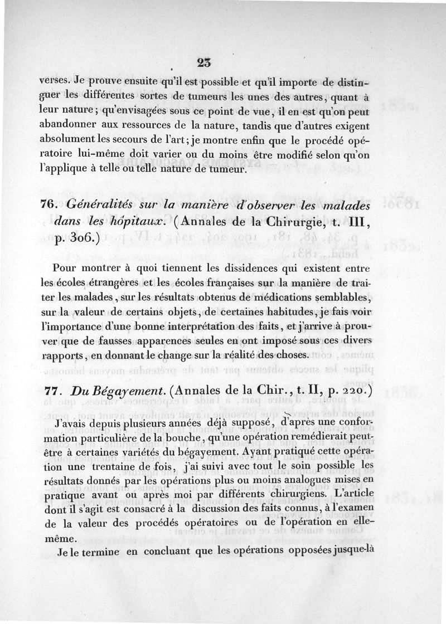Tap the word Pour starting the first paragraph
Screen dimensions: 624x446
point(66,268)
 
